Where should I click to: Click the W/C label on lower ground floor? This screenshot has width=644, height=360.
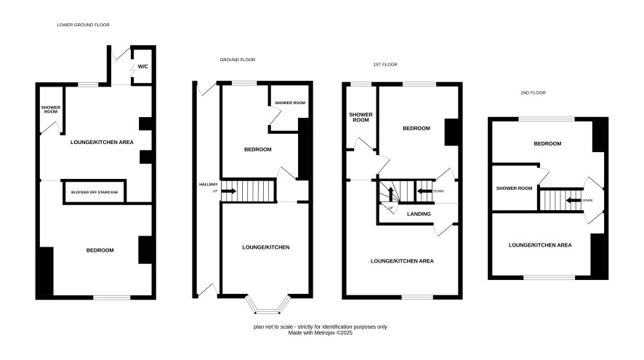pyautogui.click(x=143, y=67)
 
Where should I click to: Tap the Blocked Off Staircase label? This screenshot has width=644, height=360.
pyautogui.click(x=94, y=192)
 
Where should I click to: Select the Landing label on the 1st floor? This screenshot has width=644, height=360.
pyautogui.click(x=419, y=214)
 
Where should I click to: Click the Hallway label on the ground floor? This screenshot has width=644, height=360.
pyautogui.click(x=208, y=185)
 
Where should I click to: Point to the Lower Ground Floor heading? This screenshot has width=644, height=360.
pyautogui.click(x=84, y=25)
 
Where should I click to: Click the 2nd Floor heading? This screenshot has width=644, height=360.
pyautogui.click(x=533, y=93)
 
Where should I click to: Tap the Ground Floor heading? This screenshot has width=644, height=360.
pyautogui.click(x=238, y=60)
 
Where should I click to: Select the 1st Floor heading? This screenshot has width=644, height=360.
pyautogui.click(x=385, y=65)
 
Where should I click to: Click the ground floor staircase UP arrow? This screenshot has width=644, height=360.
pyautogui.click(x=229, y=191)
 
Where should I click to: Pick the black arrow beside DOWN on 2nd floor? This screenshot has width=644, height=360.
pyautogui.click(x=573, y=201)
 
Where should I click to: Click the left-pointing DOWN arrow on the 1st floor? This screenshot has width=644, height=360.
pyautogui.click(x=424, y=191)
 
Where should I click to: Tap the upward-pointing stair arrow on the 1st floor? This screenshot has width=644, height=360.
pyautogui.click(x=390, y=194)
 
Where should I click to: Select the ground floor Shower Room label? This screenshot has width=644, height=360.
pyautogui.click(x=290, y=103)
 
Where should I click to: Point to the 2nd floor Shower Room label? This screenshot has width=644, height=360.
pyautogui.click(x=514, y=188)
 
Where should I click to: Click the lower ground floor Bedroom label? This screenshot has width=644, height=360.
pyautogui.click(x=100, y=250)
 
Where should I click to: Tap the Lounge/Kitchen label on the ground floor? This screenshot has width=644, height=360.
pyautogui.click(x=266, y=247)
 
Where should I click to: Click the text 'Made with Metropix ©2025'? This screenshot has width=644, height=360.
pyautogui.click(x=321, y=333)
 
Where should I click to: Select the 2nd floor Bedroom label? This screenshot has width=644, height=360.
pyautogui.click(x=547, y=144)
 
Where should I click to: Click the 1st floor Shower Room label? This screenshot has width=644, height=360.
pyautogui.click(x=361, y=118)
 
